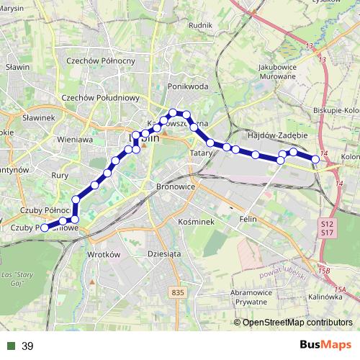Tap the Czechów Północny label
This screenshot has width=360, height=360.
[100, 60]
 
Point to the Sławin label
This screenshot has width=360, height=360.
[17, 67]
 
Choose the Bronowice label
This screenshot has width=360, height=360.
[176, 186]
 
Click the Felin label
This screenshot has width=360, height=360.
[248, 217]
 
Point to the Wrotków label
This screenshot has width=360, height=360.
[102, 255]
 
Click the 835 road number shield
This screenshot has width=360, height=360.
[179, 292]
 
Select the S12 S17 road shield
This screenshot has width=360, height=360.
[326, 228]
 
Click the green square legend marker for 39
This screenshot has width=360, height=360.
[10, 346]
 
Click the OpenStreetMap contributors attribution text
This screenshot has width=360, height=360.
[297, 322]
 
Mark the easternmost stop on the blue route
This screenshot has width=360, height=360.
[315, 158]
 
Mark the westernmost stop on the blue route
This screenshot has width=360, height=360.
[45, 228]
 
